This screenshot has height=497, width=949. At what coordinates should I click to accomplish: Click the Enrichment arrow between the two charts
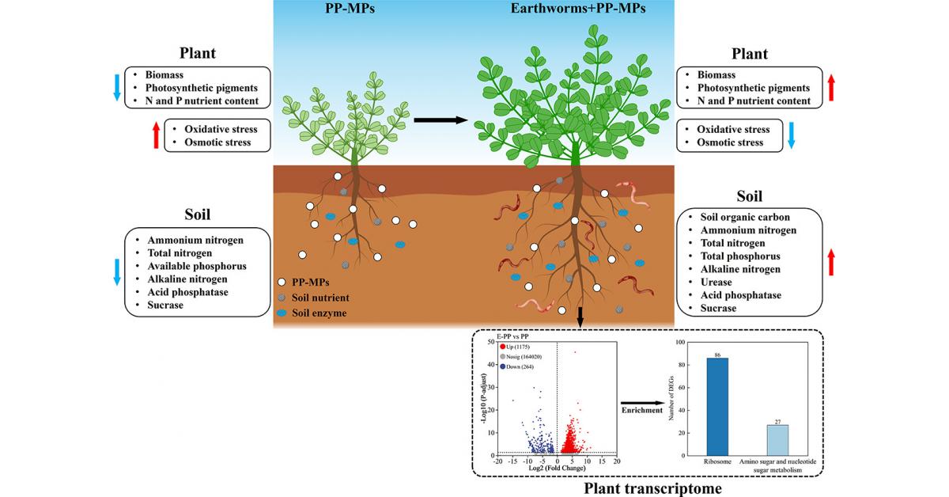coord(640,403)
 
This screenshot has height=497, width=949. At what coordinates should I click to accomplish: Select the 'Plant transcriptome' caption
coord(652,488)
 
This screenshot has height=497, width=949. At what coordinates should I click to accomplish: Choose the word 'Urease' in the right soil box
coord(717,282)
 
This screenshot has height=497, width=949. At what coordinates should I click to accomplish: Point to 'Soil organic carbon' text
coord(745,217)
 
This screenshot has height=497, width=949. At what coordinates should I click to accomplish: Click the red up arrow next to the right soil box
coord(830,262)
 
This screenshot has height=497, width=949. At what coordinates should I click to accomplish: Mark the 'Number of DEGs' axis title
coord(673,397)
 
